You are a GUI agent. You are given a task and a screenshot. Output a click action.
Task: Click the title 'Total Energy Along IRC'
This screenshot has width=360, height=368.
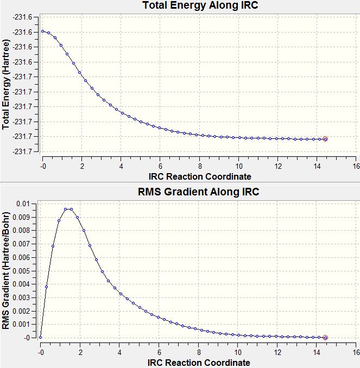click(199, 6)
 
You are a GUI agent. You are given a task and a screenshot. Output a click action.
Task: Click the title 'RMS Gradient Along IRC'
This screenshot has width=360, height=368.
click(199, 192)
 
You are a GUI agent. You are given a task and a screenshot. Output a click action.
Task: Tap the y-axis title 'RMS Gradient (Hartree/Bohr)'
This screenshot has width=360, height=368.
click(6, 270)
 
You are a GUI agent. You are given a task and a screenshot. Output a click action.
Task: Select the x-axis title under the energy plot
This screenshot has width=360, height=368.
click(199, 176)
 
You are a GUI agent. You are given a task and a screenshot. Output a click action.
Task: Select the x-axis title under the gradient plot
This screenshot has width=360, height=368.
click(199, 363)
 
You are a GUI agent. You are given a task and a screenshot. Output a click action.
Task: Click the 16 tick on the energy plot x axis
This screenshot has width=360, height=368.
click(356, 166)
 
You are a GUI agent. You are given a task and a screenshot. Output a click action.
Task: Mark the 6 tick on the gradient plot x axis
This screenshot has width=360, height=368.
click(160, 352)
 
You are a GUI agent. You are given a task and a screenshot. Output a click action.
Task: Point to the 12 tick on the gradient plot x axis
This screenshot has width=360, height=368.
click(278, 352)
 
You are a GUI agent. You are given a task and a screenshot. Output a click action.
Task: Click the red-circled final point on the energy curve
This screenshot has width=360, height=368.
click(325, 139)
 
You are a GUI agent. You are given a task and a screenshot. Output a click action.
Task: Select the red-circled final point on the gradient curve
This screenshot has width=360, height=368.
click(325, 338)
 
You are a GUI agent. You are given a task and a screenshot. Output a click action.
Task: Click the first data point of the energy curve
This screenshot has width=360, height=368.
click(42, 31)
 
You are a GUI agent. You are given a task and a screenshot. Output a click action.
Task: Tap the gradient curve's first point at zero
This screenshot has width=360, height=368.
click(40, 338)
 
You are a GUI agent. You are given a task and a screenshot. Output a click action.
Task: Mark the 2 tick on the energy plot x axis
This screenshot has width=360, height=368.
click(82, 166)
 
